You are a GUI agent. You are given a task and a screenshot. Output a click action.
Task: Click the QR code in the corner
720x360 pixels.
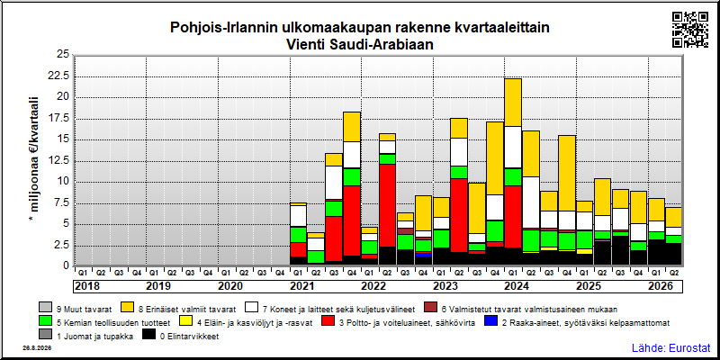coord(690,30)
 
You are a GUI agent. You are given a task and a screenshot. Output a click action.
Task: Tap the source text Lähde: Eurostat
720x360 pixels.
coord(670,347)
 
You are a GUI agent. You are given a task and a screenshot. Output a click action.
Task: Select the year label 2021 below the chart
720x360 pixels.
coord(301,286)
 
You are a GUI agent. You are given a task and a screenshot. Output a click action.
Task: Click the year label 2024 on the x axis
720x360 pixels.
coord(517,286)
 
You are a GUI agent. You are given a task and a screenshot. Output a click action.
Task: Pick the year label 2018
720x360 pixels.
coord(86,286)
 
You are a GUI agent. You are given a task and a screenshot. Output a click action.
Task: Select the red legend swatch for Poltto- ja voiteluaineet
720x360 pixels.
coord(328,322)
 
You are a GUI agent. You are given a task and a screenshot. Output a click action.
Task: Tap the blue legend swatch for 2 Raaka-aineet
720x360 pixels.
coord(491,322)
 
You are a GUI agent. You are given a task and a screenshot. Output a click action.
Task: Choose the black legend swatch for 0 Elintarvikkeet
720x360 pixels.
coord(149,337)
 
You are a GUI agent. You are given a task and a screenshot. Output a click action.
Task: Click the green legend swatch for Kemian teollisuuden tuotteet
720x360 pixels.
coord(46,322)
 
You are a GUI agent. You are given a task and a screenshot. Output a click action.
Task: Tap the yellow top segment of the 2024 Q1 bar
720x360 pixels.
coord(513,103)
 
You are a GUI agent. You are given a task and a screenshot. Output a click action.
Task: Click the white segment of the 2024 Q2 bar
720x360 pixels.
coord(531,202)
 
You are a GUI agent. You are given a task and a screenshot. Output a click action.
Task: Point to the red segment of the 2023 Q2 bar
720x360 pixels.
coord(459,215)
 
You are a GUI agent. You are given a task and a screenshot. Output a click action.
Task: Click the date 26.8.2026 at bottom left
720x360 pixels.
coord(37,348)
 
